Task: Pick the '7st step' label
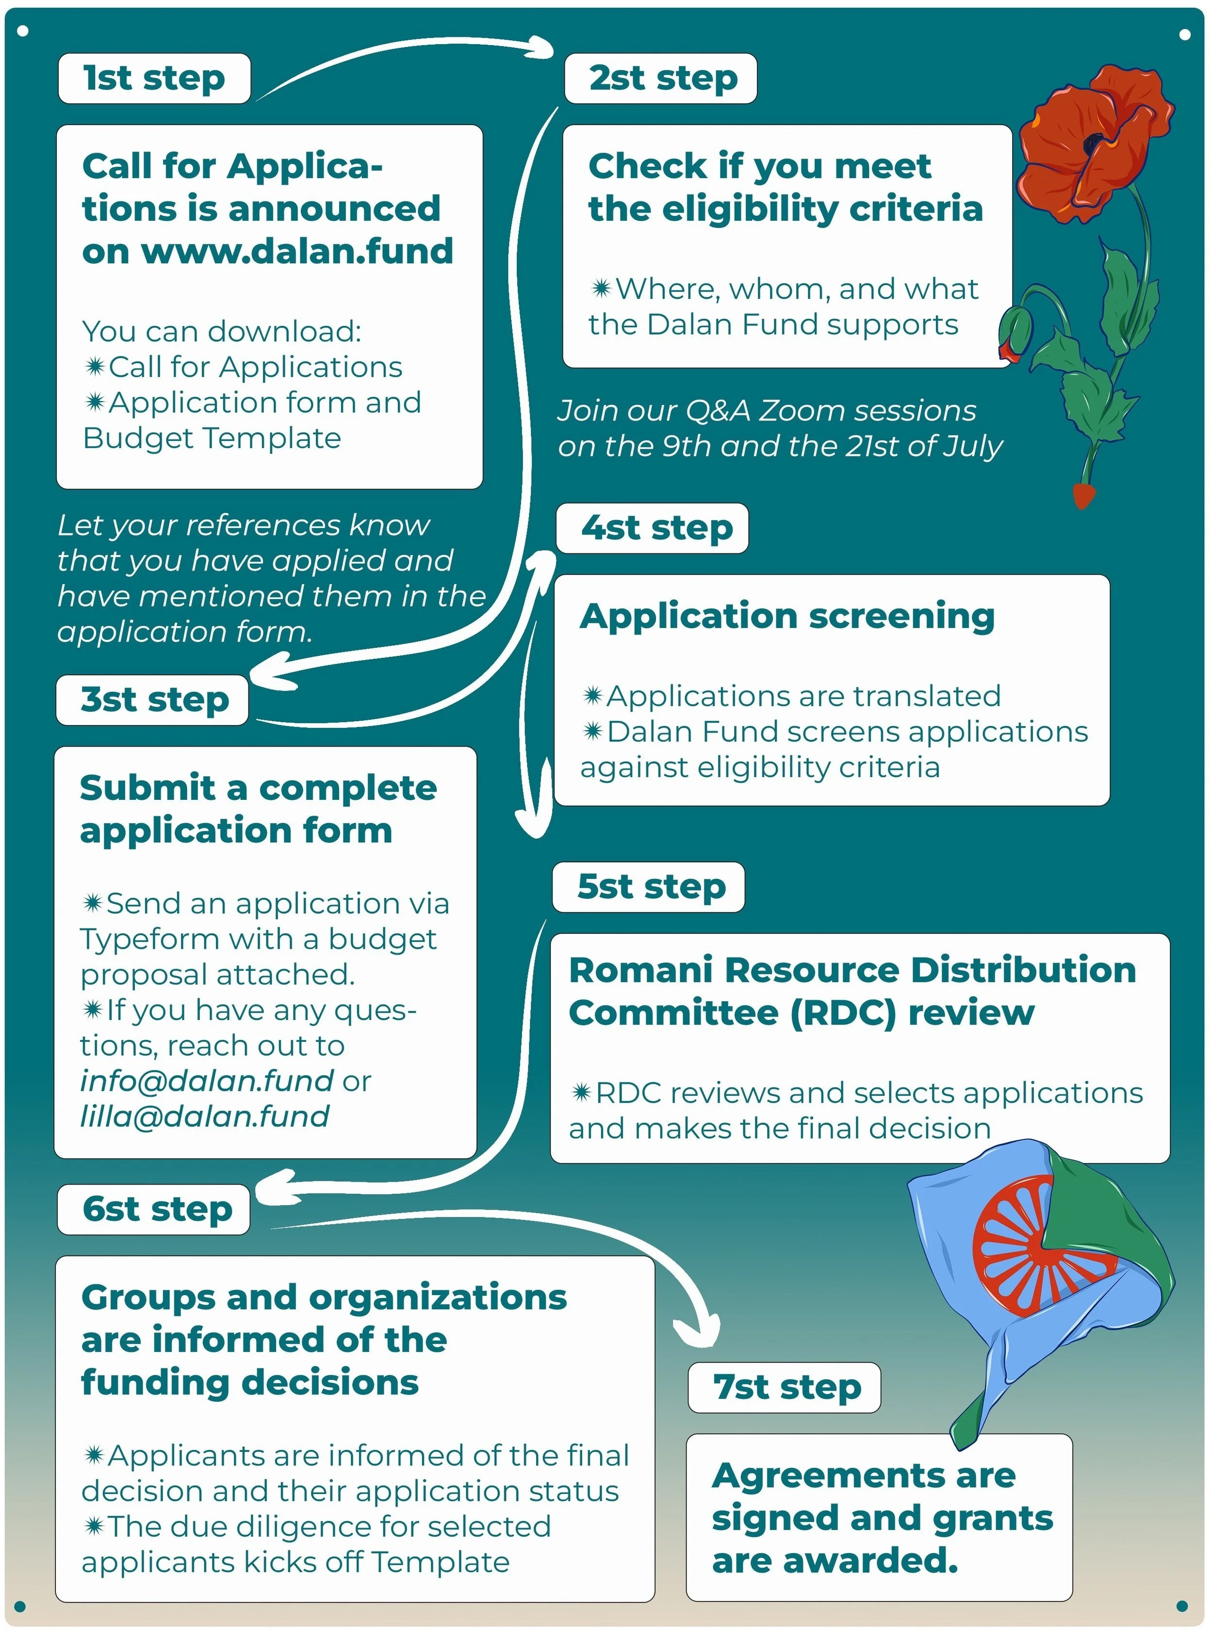pyautogui.click(x=784, y=1387)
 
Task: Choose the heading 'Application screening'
pyautogui.click(x=787, y=617)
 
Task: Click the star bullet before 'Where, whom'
pyautogui.click(x=601, y=289)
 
